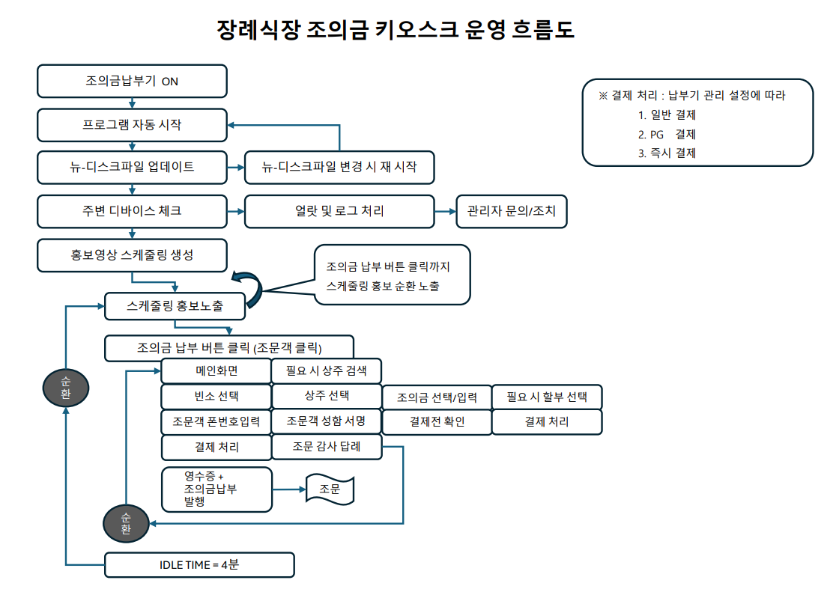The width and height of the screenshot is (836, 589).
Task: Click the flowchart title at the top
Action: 395,30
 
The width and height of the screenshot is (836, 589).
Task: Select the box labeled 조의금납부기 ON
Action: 132,81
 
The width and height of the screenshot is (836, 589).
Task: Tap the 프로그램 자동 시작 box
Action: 132,125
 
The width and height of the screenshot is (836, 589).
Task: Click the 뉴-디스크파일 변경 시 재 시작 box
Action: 339,168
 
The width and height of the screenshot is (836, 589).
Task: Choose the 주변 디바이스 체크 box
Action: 132,211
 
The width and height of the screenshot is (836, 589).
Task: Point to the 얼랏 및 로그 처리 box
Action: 339,211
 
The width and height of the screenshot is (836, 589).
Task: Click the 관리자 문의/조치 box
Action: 512,211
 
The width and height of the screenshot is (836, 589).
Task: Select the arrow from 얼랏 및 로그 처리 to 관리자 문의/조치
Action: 446,212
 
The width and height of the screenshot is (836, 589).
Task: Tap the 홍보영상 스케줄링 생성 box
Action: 132,254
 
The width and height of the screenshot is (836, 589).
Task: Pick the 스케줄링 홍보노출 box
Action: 175,305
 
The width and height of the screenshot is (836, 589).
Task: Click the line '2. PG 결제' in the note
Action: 667,135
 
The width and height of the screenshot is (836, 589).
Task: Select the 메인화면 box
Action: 216,370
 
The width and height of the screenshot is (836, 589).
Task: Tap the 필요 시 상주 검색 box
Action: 327,370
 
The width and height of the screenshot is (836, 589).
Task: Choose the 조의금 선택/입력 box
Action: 437,397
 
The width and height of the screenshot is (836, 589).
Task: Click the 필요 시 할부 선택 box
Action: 547,397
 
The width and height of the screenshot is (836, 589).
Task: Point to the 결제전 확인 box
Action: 437,421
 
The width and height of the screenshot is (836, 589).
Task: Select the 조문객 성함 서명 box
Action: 327,421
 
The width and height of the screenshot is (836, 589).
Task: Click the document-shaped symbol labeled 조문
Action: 330,490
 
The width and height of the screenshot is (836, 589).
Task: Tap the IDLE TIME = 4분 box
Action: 199,564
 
